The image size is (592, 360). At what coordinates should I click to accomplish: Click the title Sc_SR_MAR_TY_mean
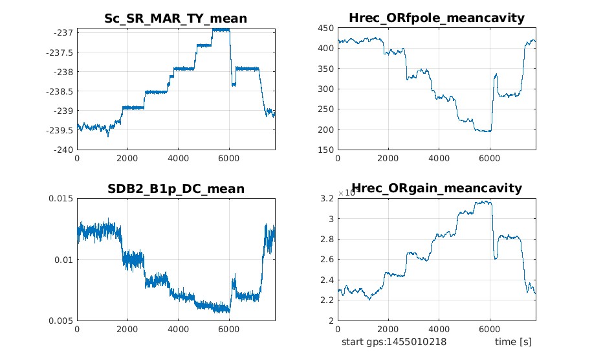tap(176, 19)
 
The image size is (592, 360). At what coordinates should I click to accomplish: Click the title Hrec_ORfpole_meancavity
tap(437, 19)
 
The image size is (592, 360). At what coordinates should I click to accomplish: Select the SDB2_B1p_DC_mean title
tap(176, 189)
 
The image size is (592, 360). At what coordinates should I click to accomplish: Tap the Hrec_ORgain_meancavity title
tap(437, 189)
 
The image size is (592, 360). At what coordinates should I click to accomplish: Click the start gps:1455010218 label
tap(394, 342)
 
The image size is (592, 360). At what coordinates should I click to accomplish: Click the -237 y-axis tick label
tap(63, 32)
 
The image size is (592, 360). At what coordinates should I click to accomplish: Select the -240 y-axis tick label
tap(63, 150)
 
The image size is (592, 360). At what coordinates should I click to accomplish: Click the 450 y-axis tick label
tap(326, 28)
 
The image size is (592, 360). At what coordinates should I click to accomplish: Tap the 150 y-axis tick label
tap(326, 150)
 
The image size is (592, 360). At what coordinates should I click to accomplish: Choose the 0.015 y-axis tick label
tap(60, 198)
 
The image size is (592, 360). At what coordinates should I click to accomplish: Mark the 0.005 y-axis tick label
tap(60, 321)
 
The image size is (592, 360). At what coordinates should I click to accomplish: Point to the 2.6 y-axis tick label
tap(328, 260)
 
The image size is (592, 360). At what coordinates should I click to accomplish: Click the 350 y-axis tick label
tap(326, 69)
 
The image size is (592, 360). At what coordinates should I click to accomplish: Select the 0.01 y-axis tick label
tap(62, 260)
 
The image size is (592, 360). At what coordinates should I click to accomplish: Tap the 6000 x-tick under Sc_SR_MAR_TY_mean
tap(229, 158)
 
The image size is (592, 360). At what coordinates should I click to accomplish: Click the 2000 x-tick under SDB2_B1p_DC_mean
tap(127, 329)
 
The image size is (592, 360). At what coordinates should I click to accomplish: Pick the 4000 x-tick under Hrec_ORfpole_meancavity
tap(439, 158)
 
